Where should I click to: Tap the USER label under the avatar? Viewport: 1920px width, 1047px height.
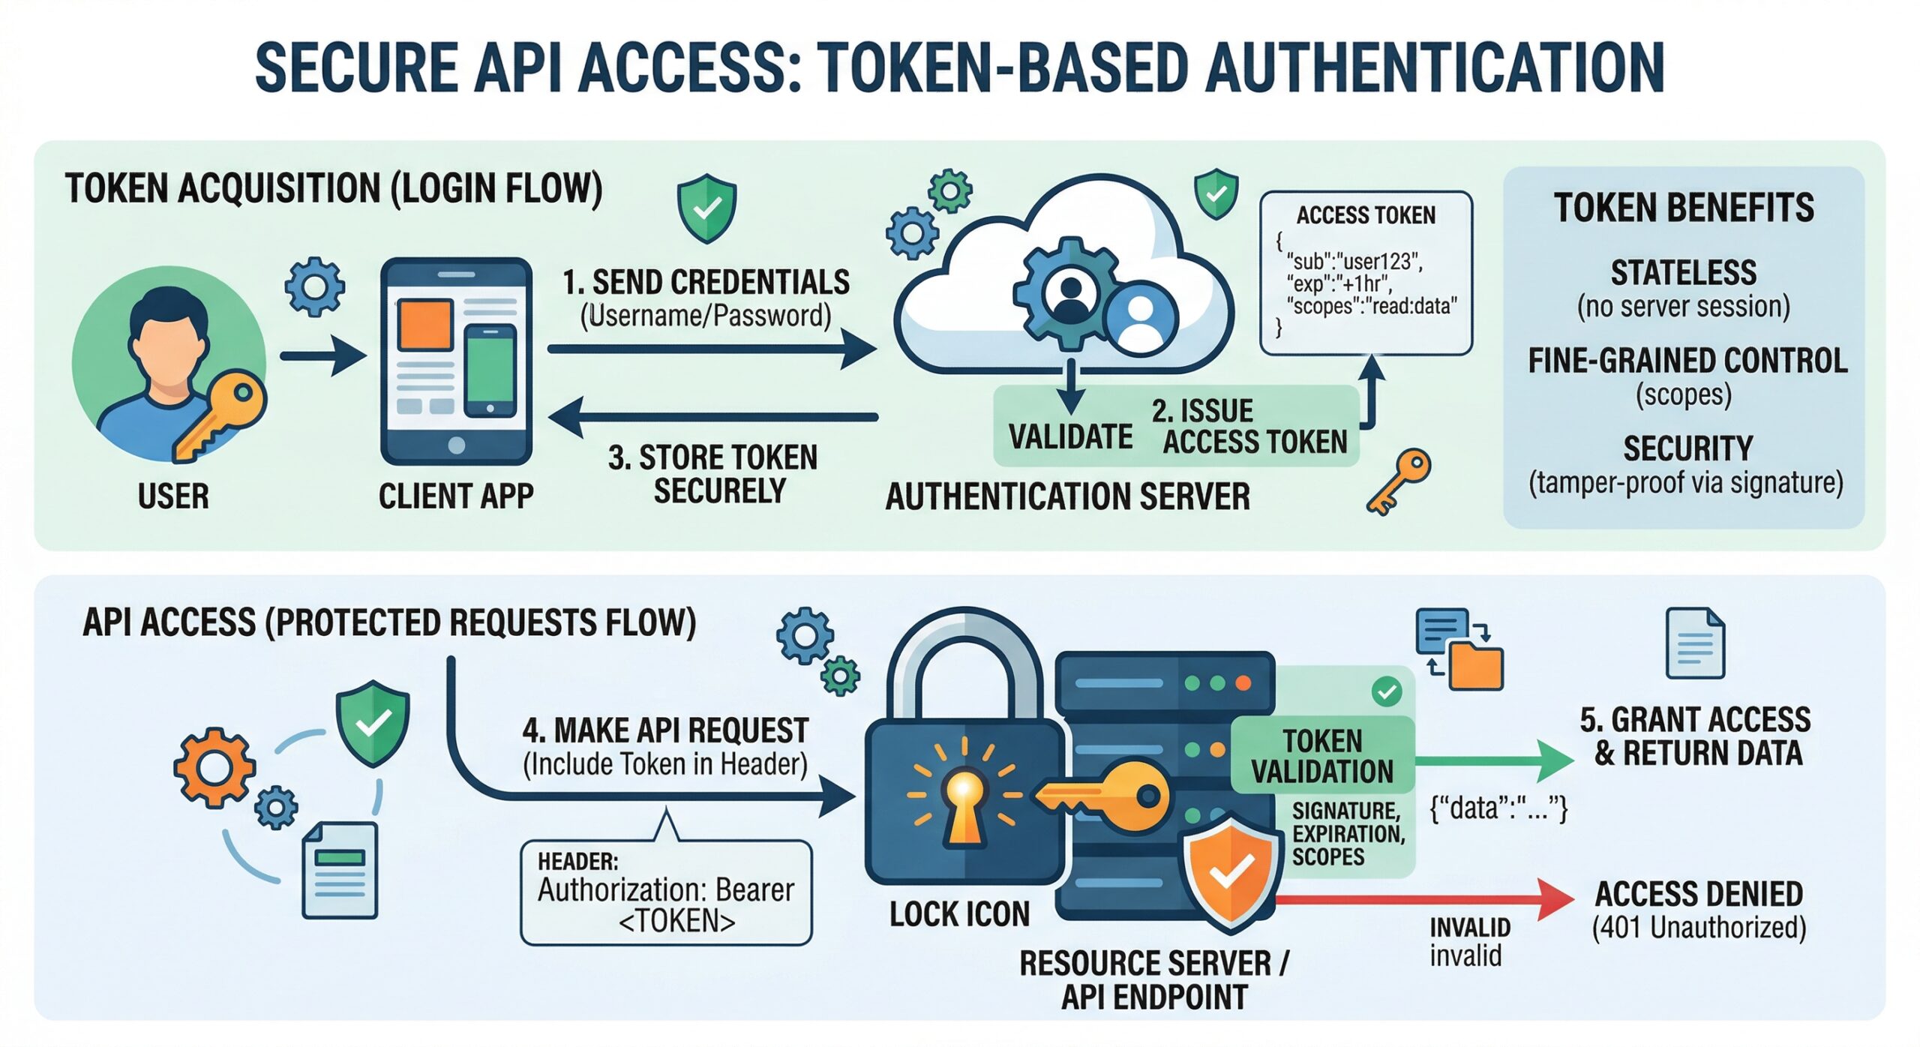tap(173, 496)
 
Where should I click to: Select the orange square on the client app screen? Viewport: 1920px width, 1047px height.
tap(425, 324)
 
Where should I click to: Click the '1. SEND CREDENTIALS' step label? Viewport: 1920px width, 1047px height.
tap(706, 283)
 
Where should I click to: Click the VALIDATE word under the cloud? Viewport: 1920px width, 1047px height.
tap(1070, 436)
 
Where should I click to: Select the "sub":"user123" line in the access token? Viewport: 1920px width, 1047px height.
tap(1354, 262)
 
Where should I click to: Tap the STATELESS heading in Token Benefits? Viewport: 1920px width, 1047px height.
tap(1683, 272)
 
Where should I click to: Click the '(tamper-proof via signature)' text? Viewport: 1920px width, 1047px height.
tap(1685, 482)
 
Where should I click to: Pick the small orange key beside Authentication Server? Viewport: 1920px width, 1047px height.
tap(1399, 480)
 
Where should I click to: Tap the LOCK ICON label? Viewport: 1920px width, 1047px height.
tap(959, 914)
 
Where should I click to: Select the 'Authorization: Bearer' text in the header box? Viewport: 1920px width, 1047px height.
tap(665, 890)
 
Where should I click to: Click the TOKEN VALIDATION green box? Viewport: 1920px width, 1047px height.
tap(1322, 756)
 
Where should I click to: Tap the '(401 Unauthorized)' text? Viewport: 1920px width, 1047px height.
tap(1699, 928)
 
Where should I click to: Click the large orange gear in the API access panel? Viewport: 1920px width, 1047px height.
tap(214, 768)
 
